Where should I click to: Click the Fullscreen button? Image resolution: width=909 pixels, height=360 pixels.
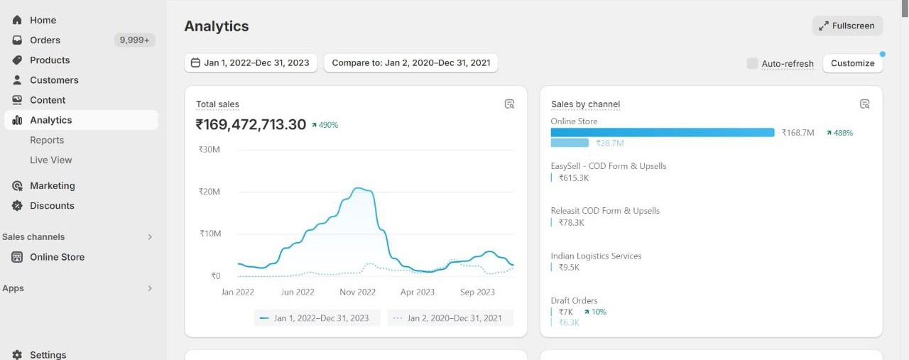tap(847, 26)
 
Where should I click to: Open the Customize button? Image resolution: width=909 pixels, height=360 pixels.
tap(852, 63)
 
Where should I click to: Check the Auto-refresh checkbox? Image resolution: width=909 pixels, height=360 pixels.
tap(753, 63)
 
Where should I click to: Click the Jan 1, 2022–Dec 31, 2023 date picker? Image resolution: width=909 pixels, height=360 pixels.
tap(251, 62)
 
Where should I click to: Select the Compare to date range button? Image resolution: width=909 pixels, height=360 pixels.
tap(410, 62)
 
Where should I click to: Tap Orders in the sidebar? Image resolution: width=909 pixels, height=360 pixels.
tap(45, 40)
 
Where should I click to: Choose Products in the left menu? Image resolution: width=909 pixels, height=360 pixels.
tap(50, 60)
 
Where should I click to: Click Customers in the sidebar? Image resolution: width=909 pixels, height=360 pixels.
tap(54, 80)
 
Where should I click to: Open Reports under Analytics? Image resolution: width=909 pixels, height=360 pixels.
tap(47, 140)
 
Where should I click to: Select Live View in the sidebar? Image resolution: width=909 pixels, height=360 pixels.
tap(51, 160)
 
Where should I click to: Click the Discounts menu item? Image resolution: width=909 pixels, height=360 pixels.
tap(52, 206)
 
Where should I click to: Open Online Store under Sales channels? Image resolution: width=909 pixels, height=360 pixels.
tap(57, 257)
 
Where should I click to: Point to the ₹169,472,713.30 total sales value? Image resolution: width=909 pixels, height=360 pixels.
tap(251, 125)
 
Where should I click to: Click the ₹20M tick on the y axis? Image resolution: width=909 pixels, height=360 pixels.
tap(209, 192)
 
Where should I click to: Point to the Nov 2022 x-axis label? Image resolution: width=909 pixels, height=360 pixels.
tap(357, 292)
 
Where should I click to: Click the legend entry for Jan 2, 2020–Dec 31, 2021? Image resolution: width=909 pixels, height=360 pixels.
tap(451, 318)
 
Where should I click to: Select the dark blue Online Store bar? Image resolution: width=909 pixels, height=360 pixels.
tap(662, 133)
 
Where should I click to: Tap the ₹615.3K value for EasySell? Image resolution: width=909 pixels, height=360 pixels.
tap(574, 178)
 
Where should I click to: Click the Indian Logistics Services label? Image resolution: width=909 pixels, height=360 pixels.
tap(596, 256)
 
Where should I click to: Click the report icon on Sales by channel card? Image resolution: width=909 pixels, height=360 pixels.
tap(864, 104)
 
